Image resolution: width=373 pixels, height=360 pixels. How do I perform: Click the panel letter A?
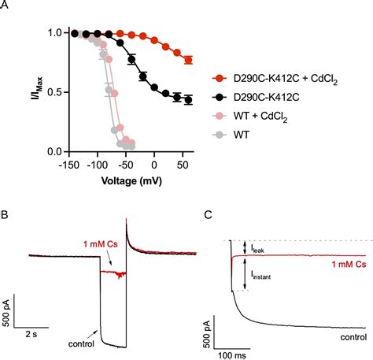[x=6, y=6]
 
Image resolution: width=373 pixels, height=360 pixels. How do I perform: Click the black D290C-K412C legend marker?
[x=222, y=98]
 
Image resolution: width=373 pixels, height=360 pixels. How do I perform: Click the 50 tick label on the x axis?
[x=182, y=165]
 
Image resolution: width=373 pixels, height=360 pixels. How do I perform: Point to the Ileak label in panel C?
[x=257, y=247]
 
